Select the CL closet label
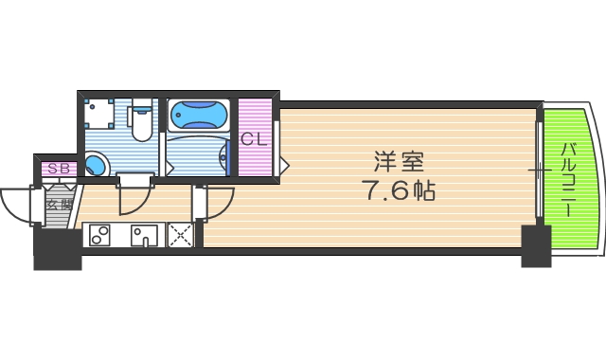(x=254, y=139)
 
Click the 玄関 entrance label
(x=59, y=203)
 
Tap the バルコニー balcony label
(x=568, y=180)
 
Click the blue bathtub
(x=199, y=116)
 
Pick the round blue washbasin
(x=98, y=165)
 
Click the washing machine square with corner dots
(x=99, y=117)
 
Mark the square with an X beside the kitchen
(x=180, y=235)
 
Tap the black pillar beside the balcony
(x=535, y=243)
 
